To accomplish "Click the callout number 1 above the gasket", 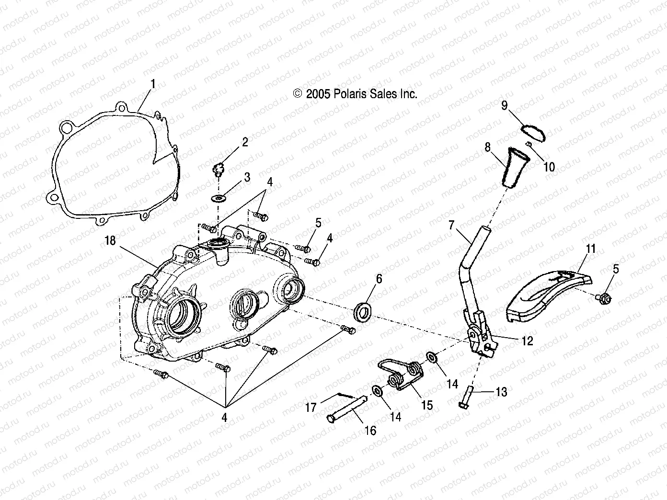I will click(153, 85).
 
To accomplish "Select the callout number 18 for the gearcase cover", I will click(110, 240).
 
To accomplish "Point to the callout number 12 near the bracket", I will click(527, 341).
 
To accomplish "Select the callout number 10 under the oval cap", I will click(549, 166).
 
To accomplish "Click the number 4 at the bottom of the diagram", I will click(224, 418).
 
